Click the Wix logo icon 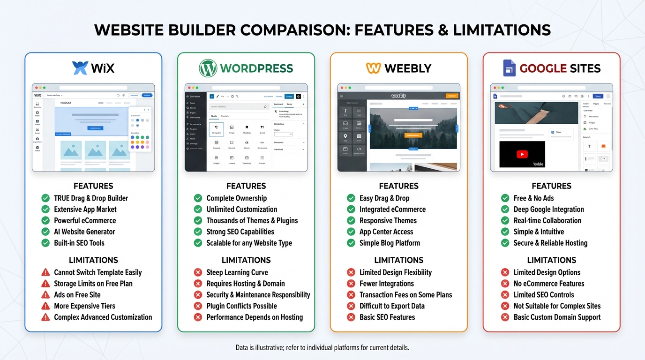[x=80, y=68]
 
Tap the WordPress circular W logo [x=208, y=68]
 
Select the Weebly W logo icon [x=374, y=68]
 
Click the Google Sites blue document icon [x=509, y=68]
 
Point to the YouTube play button [x=522, y=154]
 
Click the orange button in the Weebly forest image [x=400, y=135]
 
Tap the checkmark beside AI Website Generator [x=45, y=232]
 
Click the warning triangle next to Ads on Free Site [x=45, y=295]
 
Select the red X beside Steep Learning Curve [x=198, y=272]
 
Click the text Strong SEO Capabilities [x=240, y=232]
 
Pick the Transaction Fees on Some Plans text [x=405, y=295]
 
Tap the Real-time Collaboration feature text [x=547, y=220]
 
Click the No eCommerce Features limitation [x=548, y=284]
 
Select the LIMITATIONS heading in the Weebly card [x=398, y=260]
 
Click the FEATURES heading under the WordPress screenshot [x=246, y=186]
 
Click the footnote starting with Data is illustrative [x=322, y=348]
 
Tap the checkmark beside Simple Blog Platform [x=351, y=243]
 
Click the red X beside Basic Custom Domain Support [x=505, y=317]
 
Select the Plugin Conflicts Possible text [x=241, y=306]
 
